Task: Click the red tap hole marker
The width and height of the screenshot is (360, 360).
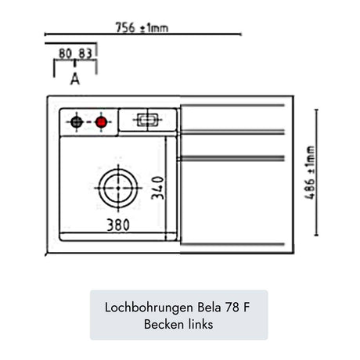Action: (101, 122)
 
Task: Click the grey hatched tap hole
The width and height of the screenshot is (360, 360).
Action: (77, 122)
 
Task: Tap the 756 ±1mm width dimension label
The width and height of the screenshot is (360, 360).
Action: (142, 27)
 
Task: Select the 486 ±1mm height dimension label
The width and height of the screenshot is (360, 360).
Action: (310, 173)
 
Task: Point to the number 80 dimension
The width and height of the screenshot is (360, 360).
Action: (65, 54)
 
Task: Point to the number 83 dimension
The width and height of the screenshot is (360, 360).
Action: (85, 54)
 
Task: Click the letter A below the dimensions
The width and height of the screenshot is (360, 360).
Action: (75, 79)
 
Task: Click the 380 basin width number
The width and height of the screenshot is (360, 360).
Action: (118, 225)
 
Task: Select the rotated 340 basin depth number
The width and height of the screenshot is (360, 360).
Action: (157, 188)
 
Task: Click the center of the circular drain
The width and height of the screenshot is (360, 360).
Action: (118, 188)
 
